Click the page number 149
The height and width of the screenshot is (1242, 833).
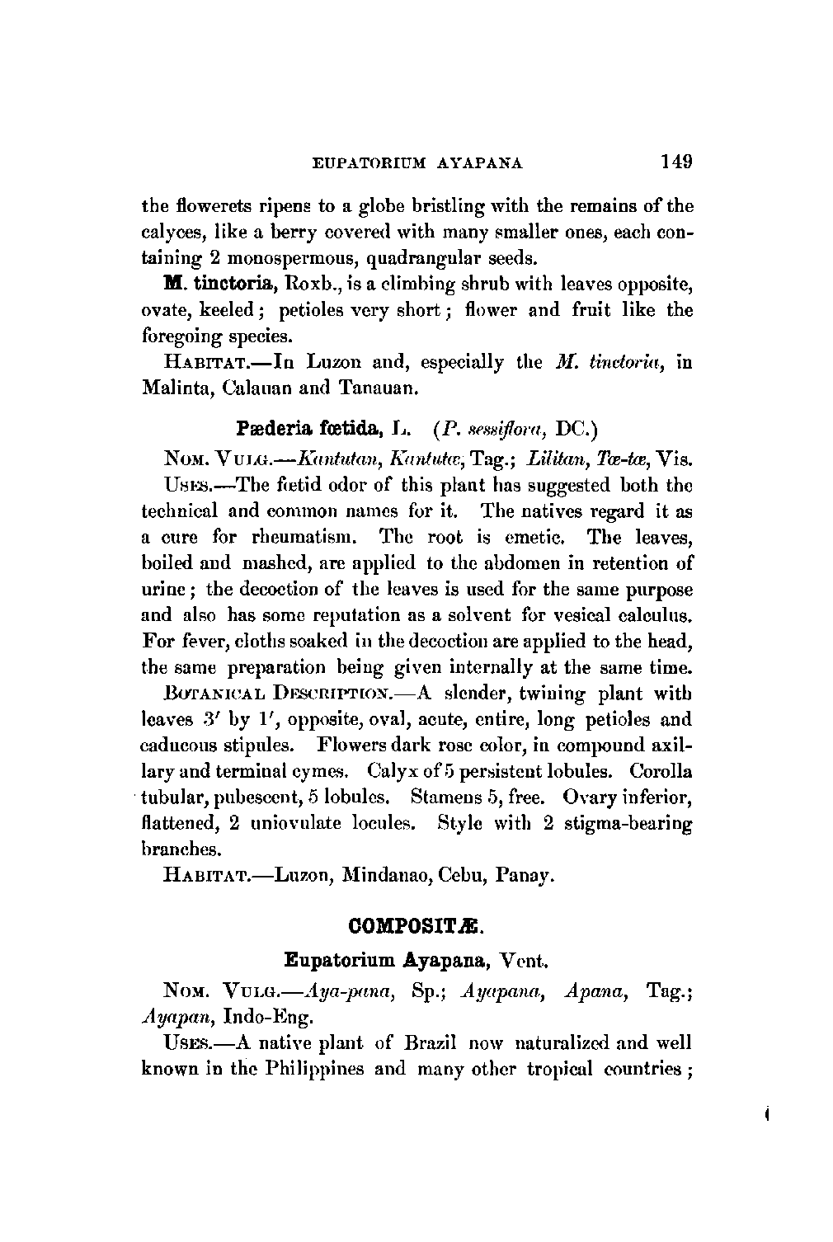click(x=675, y=161)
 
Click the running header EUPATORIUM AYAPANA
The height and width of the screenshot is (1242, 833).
click(x=418, y=163)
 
